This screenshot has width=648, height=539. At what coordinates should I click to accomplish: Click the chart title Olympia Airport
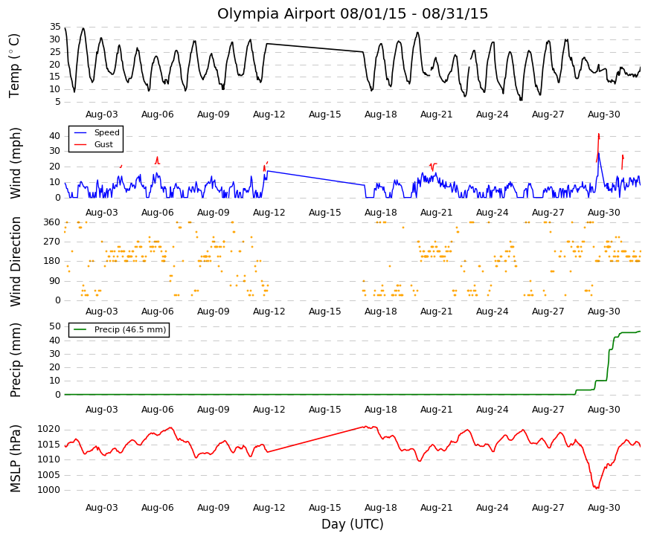[277, 13]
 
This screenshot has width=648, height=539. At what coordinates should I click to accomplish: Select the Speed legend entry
[96, 132]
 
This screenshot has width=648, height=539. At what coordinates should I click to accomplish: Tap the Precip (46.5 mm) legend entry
[120, 329]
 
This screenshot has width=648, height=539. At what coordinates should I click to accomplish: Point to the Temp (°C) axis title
[14, 65]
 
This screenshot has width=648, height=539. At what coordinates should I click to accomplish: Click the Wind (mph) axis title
[16, 163]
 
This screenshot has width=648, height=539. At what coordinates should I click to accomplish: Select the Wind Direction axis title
[16, 262]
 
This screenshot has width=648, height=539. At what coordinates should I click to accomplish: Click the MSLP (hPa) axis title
[16, 459]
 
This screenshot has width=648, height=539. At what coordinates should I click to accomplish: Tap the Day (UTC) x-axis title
[353, 524]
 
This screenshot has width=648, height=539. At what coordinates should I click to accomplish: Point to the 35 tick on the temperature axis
[55, 28]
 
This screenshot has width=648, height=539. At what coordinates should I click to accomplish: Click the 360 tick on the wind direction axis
[52, 222]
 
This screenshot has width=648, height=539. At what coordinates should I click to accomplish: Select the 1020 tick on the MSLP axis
[49, 430]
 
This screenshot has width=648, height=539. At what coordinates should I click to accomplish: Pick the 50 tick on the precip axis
[55, 326]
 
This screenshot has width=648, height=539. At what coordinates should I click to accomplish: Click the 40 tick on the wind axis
[55, 136]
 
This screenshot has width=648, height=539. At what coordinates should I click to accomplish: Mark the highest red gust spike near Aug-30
[598, 135]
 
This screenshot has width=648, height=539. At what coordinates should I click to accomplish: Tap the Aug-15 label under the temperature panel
[325, 114]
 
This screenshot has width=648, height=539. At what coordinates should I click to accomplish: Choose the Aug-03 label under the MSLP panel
[102, 508]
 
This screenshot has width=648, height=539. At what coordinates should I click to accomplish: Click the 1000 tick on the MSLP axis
[49, 490]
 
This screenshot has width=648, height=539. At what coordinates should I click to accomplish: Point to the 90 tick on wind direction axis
[55, 281]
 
